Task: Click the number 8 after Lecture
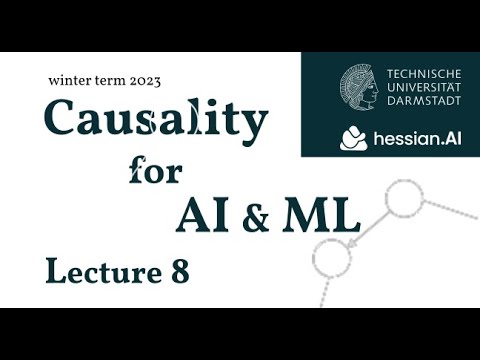tap(177, 270)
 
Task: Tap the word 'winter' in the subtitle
tap(69, 79)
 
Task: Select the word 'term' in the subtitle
tap(112, 79)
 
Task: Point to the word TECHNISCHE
tap(423, 73)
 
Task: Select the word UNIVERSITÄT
tap(423, 88)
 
